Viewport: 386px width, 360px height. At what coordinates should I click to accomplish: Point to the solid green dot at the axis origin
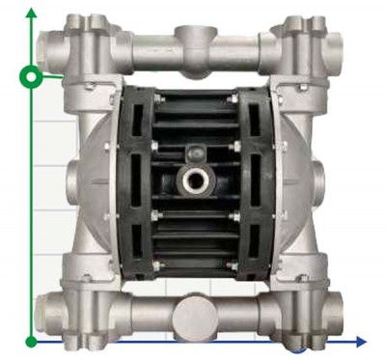coord(32,341)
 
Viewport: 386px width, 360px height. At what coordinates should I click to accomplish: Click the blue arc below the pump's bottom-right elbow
coord(307,344)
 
